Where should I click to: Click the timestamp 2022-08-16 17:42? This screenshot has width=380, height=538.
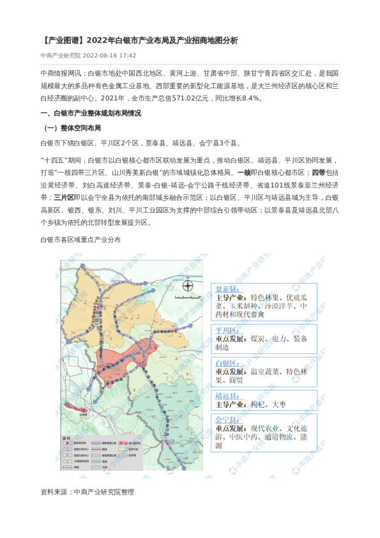(110, 56)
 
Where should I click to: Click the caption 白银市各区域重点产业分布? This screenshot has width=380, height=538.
(80, 240)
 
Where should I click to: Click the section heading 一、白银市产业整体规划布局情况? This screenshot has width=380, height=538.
(91, 113)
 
